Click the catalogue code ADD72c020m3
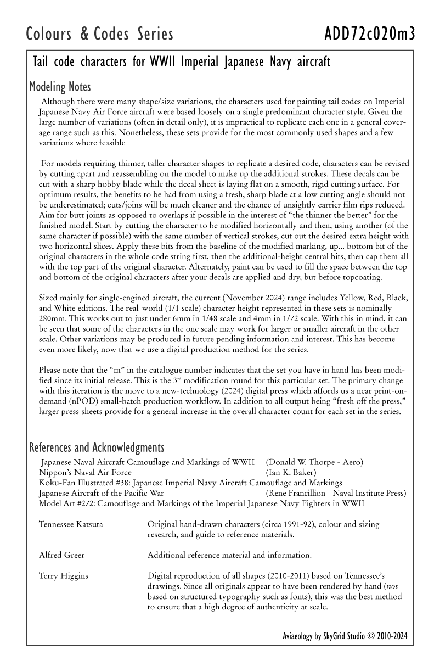369,34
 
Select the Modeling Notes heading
60,87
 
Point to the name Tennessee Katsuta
71,524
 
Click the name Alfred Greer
62,555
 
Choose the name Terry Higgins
64,576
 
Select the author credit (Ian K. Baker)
291,472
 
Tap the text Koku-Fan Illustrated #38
88,483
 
